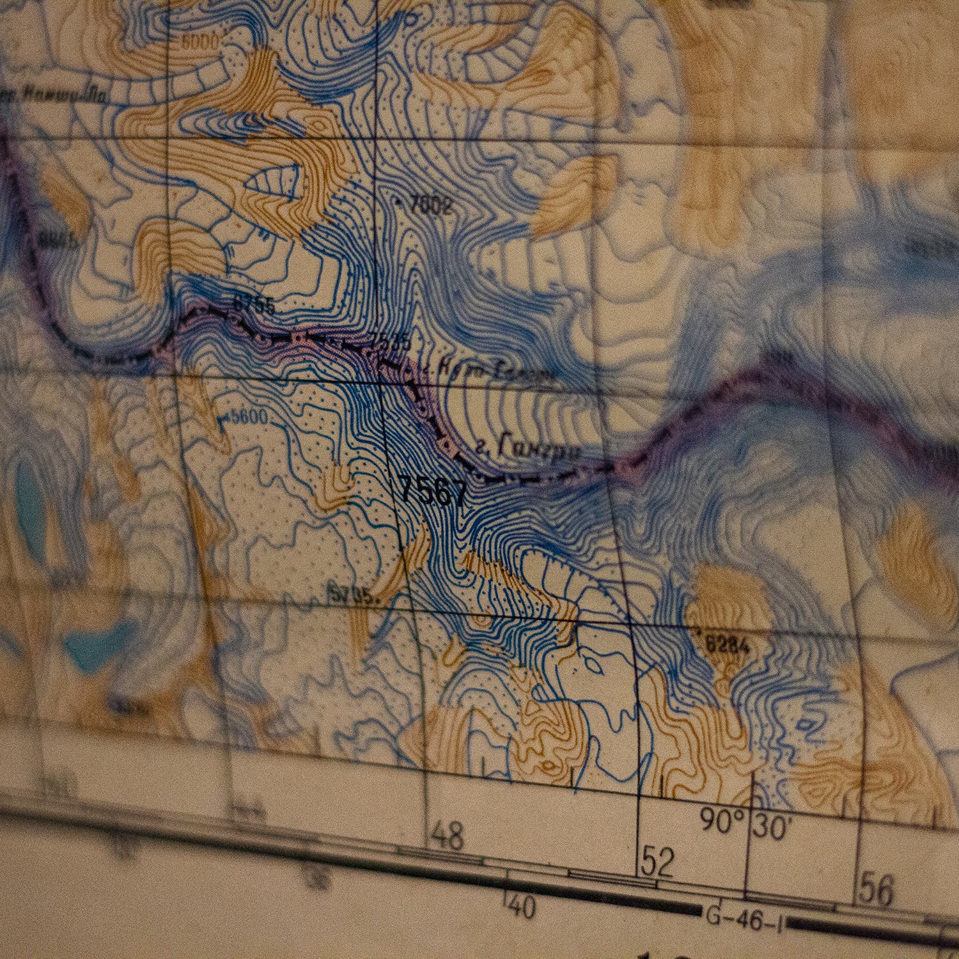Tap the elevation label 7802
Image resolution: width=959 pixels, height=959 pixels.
[431, 206]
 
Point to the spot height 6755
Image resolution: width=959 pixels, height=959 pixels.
[254, 305]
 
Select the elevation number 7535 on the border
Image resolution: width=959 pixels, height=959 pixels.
[390, 342]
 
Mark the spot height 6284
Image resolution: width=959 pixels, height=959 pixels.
[728, 646]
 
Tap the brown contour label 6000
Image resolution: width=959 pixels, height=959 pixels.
[200, 42]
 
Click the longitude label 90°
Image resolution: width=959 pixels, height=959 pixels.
[722, 821]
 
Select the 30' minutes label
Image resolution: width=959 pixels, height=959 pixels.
[772, 827]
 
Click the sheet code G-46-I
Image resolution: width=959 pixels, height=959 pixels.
[744, 919]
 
